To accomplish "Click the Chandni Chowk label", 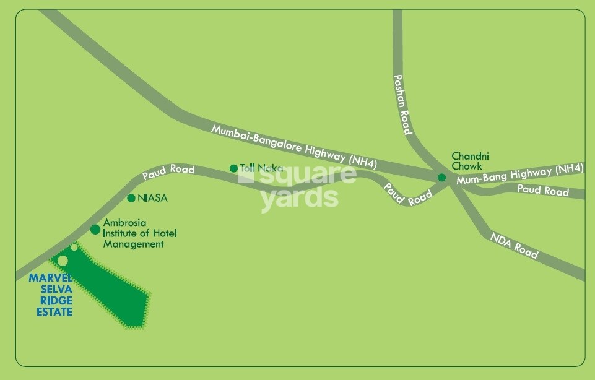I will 466,162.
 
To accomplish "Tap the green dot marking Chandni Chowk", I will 441,178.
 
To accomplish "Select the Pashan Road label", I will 402,105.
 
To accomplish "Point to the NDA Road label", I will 514,246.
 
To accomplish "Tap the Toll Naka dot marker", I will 233,168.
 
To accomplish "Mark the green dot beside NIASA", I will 131,198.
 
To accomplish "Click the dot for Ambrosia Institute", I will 95,230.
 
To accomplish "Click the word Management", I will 133,244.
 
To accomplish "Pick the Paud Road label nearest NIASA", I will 168,173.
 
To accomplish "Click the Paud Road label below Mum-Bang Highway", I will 543,191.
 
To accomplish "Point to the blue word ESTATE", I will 54,312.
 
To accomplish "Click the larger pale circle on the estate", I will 63,261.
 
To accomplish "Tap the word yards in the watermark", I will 299,198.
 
